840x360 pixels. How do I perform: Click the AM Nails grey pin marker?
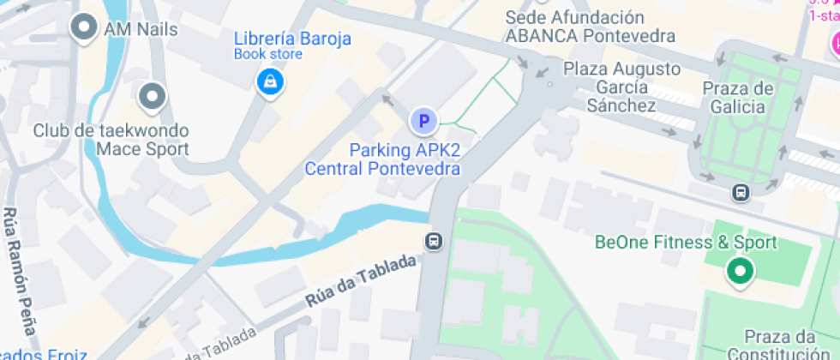(84, 28)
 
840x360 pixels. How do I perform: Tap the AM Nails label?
(141, 29)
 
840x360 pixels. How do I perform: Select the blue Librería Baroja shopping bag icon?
(271, 82)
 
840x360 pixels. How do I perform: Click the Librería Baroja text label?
(292, 39)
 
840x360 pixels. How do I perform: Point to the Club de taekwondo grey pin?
(153, 97)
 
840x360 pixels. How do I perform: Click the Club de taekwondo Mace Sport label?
(111, 141)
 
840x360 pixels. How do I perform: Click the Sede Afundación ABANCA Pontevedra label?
(590, 27)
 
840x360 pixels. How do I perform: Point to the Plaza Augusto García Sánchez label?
(621, 87)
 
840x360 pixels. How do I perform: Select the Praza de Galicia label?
(738, 97)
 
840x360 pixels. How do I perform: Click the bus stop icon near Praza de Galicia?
(741, 193)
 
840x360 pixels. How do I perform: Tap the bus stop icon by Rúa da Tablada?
(435, 241)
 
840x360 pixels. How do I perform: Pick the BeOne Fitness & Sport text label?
(686, 243)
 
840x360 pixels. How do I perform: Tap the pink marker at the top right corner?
(833, 41)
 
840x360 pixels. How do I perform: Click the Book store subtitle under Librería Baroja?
(268, 55)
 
